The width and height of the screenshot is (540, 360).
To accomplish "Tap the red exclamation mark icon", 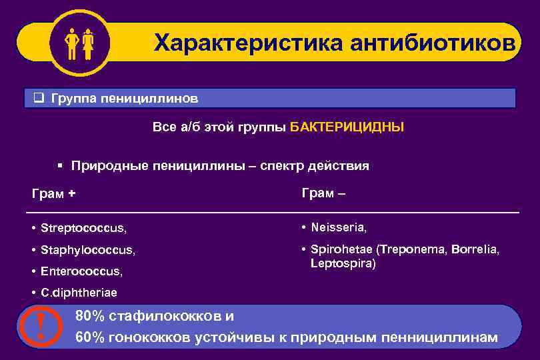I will pyautogui.click(x=42, y=327).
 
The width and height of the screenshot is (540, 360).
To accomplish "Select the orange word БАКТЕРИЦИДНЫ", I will pyautogui.click(x=347, y=127).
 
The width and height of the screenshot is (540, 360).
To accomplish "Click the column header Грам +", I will pyautogui.click(x=53, y=194).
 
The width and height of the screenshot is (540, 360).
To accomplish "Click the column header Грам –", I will pyautogui.click(x=323, y=193).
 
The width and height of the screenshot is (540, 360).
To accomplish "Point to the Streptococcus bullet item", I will pyautogui.click(x=83, y=228).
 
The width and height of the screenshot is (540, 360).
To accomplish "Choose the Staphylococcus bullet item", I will pyautogui.click(x=87, y=250).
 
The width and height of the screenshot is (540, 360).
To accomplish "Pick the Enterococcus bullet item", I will pyautogui.click(x=82, y=271).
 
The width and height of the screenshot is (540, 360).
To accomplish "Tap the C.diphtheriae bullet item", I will pyautogui.click(x=78, y=293).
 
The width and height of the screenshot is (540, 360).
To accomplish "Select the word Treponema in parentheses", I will pyautogui.click(x=414, y=249).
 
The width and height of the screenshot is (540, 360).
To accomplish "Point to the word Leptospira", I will pyautogui.click(x=343, y=264).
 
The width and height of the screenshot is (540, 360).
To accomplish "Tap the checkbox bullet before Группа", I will pyautogui.click(x=39, y=99).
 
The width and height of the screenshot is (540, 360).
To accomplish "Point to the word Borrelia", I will pyautogui.click(x=474, y=249).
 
